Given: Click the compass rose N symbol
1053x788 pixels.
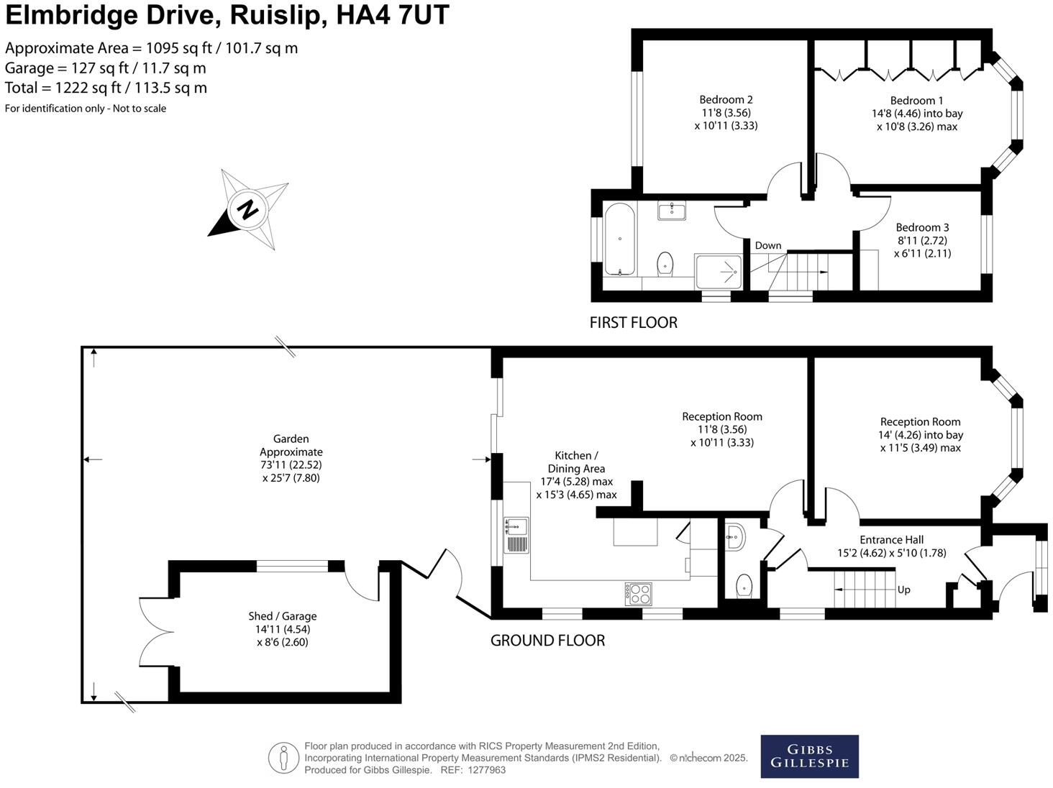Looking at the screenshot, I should (x=247, y=210).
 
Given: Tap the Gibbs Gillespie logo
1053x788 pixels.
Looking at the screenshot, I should (x=809, y=756).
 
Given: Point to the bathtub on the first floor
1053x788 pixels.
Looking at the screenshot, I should (x=619, y=239).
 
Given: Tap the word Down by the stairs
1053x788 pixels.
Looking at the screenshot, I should (x=767, y=245).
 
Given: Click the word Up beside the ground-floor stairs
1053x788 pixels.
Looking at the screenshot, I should (x=903, y=590).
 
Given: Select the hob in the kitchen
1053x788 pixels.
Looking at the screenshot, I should (x=639, y=594).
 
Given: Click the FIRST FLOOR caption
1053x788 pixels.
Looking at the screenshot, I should (x=633, y=323).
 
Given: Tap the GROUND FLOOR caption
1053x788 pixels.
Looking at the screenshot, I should (x=547, y=641).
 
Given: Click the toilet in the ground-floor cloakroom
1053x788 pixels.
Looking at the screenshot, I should (x=744, y=585).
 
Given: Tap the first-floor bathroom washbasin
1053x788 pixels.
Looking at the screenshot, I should (x=672, y=210).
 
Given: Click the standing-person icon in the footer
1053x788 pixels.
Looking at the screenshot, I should (x=283, y=758).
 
